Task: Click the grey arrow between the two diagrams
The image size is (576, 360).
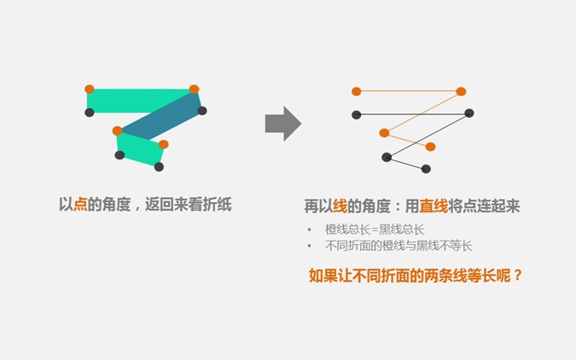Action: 283,124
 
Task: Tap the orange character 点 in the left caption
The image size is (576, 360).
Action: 80,204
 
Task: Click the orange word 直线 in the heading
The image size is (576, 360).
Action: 433,206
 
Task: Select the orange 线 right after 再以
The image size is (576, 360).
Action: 340,206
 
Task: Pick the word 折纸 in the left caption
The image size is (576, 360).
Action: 217,204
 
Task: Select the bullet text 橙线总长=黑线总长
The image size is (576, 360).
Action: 375,229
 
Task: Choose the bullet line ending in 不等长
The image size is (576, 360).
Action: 399,246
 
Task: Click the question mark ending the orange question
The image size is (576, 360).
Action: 518,276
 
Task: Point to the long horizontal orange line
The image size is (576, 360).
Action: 409,91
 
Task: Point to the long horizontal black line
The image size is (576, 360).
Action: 412,114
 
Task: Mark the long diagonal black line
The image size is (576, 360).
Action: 428,135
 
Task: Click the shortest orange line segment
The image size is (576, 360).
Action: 407,140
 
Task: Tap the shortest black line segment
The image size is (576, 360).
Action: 406,163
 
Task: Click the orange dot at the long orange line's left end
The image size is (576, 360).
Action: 357,91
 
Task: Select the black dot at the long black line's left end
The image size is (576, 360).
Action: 357,115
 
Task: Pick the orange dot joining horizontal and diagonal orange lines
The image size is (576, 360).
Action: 461,91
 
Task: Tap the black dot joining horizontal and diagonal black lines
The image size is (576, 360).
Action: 469,113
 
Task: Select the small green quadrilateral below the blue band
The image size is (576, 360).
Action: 140,148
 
